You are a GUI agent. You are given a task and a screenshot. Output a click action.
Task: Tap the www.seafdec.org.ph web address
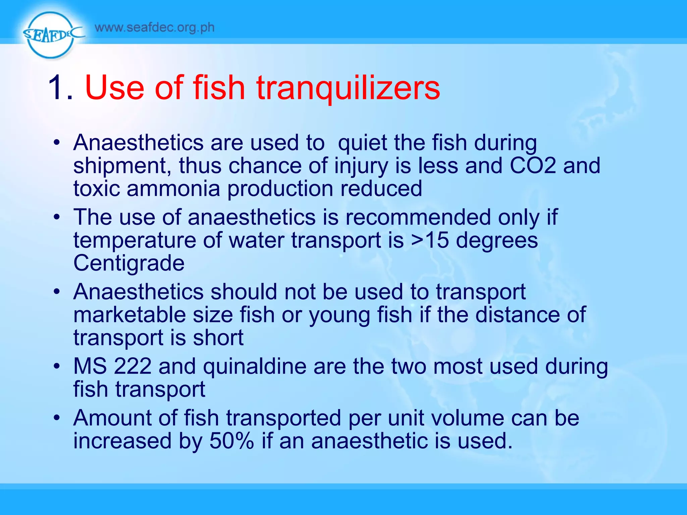click(x=155, y=27)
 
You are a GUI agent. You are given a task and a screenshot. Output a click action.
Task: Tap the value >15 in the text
click(x=430, y=240)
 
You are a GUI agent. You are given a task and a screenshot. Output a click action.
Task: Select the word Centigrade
click(x=129, y=263)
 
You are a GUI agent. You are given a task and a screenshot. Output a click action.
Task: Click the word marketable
click(x=129, y=315)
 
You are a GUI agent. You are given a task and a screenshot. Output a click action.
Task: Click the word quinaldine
click(x=255, y=366)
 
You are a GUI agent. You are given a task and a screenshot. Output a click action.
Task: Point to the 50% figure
click(x=231, y=441)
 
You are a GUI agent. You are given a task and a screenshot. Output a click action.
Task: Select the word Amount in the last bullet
click(x=112, y=418)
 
